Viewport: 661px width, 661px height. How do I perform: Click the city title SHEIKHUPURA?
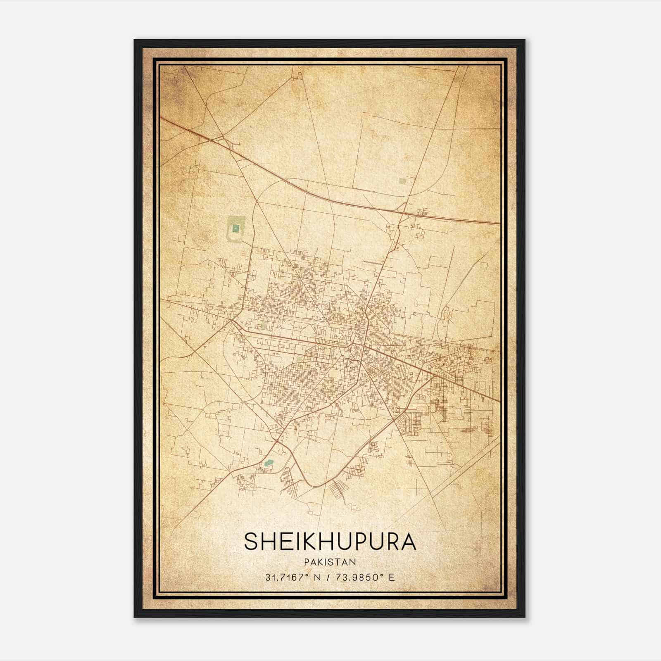[330, 542]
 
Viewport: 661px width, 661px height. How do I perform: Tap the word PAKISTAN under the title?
[330, 562]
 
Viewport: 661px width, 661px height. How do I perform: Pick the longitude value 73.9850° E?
[364, 577]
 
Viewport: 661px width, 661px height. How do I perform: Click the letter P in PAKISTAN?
[306, 562]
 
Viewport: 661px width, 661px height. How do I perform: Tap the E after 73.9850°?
[392, 577]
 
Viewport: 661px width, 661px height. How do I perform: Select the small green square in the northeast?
[402, 181]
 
